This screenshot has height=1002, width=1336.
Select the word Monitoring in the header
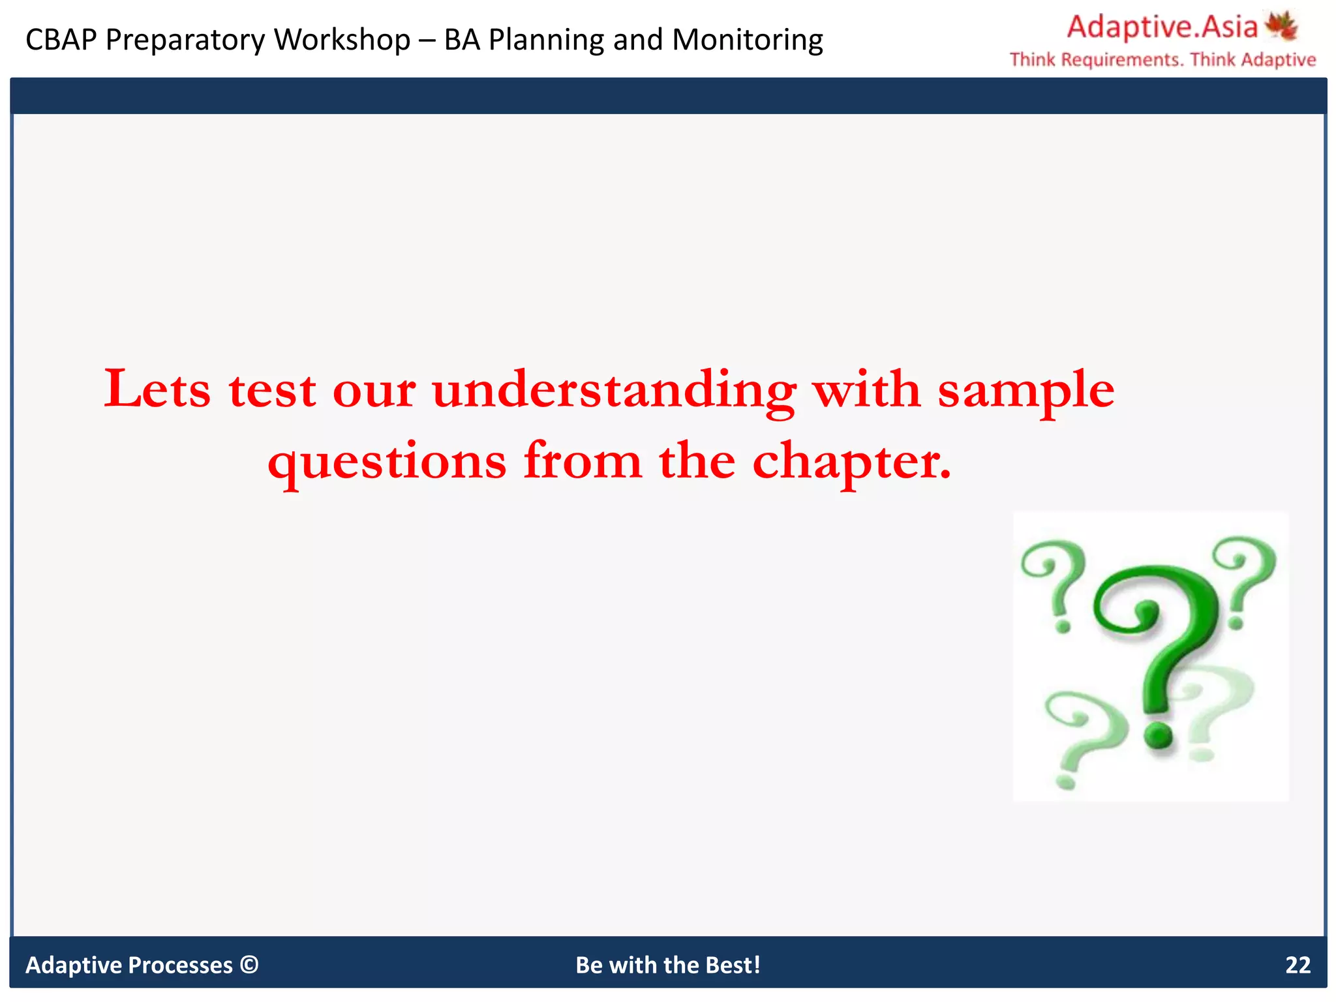click(747, 40)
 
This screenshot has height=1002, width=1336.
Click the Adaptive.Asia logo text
click(1162, 27)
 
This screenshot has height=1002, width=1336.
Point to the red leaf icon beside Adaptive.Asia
click(1281, 26)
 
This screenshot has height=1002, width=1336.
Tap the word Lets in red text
click(157, 389)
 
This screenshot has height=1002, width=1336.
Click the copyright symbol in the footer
click(249, 964)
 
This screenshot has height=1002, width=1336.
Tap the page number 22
click(1298, 965)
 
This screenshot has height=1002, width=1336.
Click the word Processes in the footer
click(181, 965)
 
